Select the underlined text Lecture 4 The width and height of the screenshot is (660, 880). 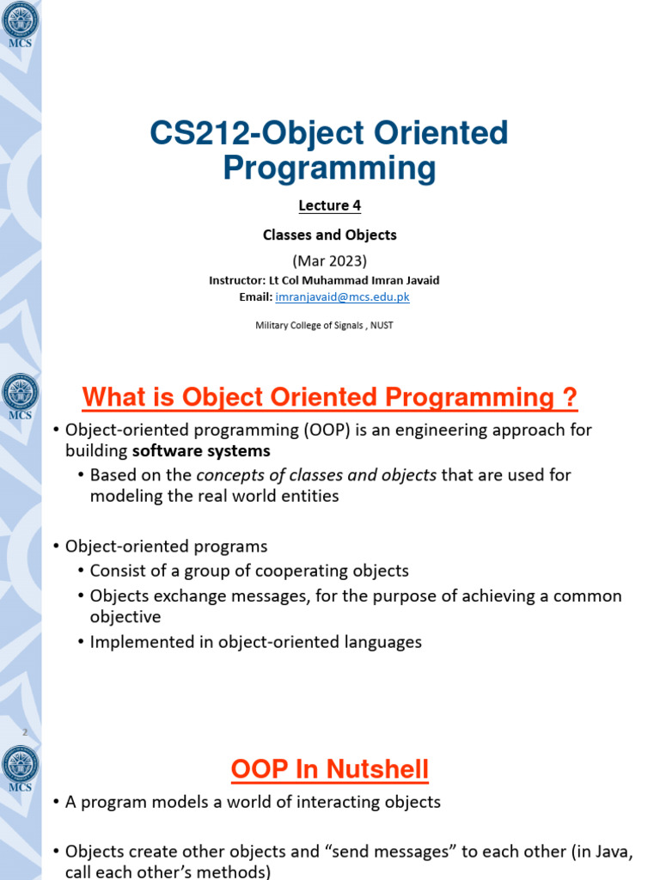[x=329, y=205]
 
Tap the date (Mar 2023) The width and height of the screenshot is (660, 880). [x=329, y=260]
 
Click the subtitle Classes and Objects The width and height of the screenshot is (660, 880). [x=329, y=235]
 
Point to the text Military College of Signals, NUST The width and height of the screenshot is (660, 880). [x=324, y=325]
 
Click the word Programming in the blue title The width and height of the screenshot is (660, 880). [x=329, y=168]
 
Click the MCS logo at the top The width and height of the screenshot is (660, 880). [x=20, y=23]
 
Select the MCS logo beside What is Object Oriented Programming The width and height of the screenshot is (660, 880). [x=20, y=396]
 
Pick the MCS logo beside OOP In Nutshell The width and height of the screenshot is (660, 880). [x=20, y=767]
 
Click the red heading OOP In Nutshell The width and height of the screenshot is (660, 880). [x=329, y=769]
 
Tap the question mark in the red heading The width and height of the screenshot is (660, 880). [x=568, y=398]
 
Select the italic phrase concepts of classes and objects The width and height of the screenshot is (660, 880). [x=316, y=474]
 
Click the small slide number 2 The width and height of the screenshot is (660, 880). [x=26, y=732]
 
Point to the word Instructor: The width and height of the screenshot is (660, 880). [x=238, y=280]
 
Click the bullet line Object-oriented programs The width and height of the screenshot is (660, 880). [x=167, y=547]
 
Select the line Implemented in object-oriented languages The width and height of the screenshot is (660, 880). [x=256, y=642]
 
